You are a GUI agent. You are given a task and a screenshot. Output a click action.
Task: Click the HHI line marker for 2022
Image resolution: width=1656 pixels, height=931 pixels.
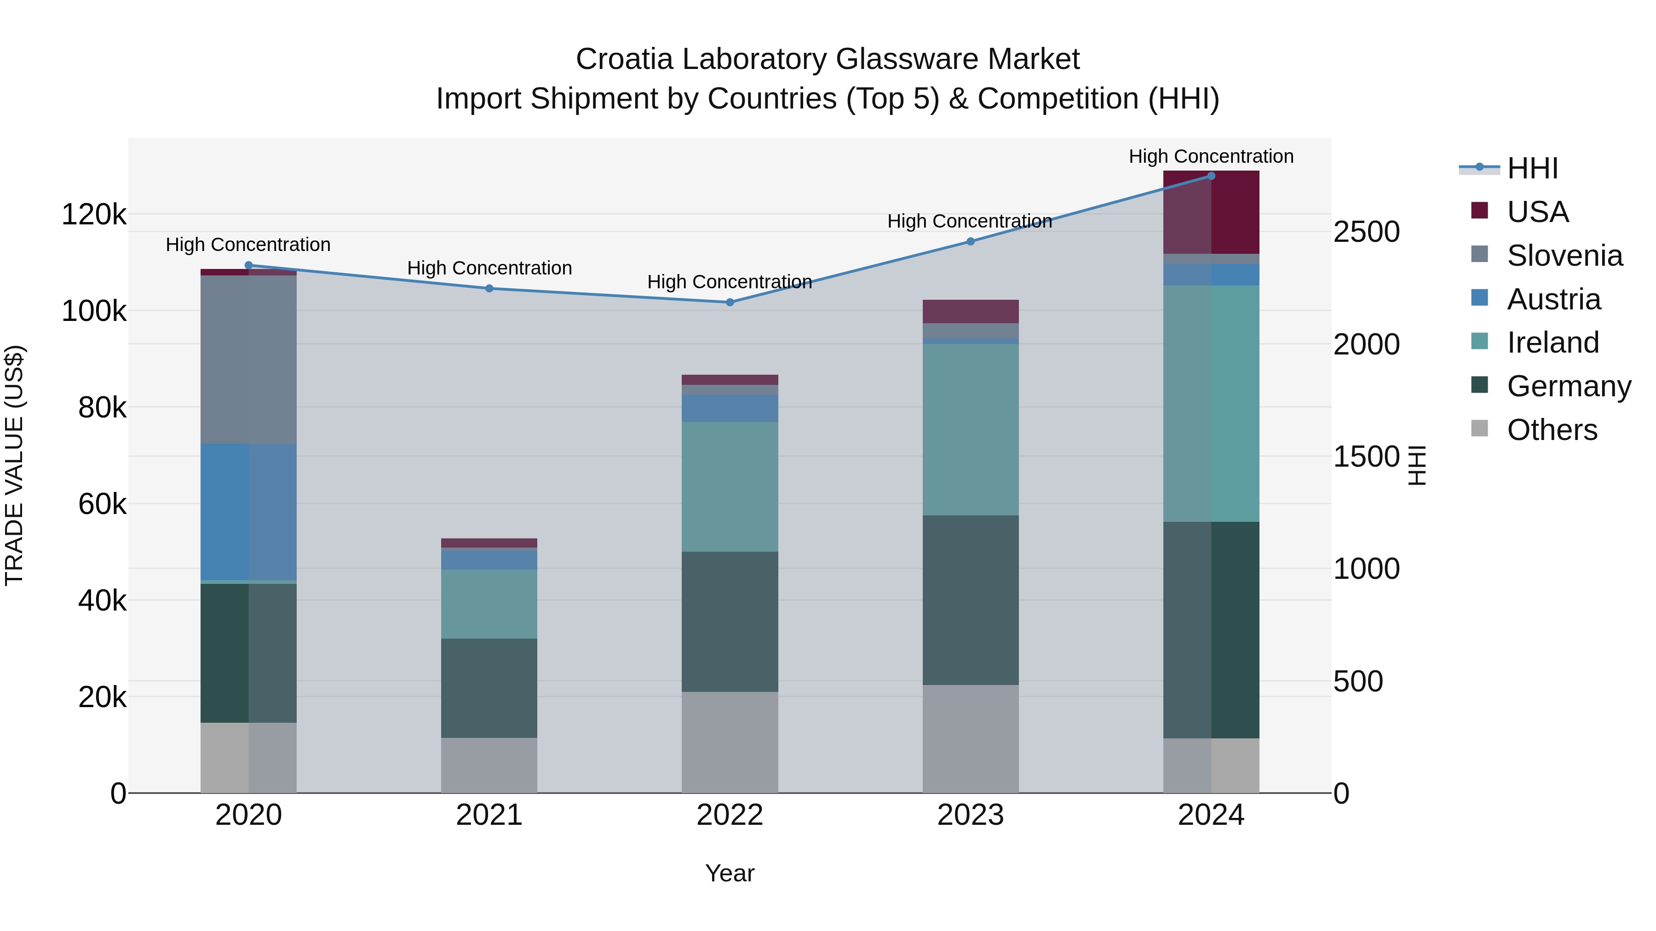(x=730, y=302)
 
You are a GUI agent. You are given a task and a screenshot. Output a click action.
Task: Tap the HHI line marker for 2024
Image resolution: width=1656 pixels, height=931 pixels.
(x=1211, y=176)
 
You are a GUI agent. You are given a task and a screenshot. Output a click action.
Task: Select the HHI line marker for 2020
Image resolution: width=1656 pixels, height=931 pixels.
(x=249, y=265)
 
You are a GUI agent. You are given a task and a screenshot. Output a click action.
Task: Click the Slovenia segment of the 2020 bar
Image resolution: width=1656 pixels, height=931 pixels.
(x=249, y=360)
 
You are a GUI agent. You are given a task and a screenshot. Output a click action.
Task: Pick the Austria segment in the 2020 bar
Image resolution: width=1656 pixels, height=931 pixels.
(x=249, y=512)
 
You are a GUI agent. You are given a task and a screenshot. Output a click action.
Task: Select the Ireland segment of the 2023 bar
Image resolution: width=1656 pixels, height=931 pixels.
(x=971, y=429)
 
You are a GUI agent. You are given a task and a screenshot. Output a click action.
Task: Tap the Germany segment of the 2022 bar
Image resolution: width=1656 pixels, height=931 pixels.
(x=730, y=621)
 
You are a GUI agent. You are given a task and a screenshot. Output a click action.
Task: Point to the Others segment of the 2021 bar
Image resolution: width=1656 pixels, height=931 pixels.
(x=489, y=765)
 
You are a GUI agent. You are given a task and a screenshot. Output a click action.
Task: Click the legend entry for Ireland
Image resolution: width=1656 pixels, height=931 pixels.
(x=1552, y=343)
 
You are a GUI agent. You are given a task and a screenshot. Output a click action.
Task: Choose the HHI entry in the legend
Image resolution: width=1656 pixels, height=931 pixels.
(x=1532, y=168)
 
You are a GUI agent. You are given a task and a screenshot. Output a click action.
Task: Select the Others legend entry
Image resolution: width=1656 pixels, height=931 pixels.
(x=1551, y=430)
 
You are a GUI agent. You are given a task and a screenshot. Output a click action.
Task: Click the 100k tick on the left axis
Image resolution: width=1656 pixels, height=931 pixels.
(x=94, y=311)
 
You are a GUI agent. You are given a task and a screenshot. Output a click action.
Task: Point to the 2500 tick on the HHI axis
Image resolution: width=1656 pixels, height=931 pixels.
(x=1366, y=232)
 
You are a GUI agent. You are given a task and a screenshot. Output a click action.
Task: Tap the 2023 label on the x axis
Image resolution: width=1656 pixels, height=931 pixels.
(x=971, y=815)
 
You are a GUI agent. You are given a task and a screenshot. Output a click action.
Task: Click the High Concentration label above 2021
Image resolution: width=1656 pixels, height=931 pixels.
(x=489, y=268)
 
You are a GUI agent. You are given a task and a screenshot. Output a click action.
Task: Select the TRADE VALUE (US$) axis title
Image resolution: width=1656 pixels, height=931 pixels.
(x=14, y=465)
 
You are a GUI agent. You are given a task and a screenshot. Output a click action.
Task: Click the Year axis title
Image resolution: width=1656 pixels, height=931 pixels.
(x=730, y=873)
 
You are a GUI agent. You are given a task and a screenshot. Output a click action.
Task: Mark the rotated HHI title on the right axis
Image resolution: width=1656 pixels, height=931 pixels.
(x=1416, y=465)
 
